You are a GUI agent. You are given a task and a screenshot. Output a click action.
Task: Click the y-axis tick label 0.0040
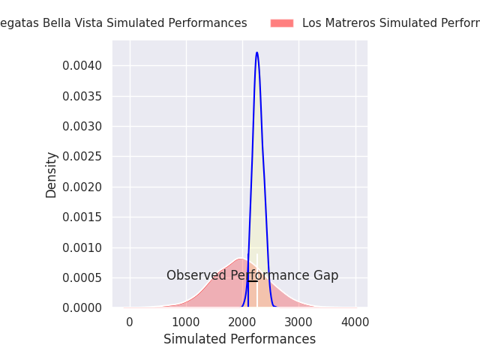82,66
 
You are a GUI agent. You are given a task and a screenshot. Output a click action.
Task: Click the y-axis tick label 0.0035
82,96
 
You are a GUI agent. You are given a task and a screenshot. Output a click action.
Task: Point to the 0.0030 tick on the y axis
82,127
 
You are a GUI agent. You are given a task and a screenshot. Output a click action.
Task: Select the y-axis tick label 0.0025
82,157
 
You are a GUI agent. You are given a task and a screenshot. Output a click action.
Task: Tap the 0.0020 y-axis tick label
82,187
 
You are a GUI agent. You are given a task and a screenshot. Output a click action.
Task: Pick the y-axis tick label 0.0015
82,217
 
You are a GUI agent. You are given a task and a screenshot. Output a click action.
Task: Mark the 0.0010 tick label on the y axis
82,247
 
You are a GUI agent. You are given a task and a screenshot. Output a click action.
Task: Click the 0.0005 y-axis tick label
82,277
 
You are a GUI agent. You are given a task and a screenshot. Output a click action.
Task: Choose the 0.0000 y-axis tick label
82,308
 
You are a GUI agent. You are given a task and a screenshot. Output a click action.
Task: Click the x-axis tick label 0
130,322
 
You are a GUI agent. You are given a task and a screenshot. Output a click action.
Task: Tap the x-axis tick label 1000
186,322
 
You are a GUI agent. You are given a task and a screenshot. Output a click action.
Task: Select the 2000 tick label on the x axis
242,322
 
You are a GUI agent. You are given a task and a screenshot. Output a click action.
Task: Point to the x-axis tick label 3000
298,322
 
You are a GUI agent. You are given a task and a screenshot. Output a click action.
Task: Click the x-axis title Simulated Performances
239,339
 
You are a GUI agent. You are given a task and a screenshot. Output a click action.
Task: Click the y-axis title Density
51,175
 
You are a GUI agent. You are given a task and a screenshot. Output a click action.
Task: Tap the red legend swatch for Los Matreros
282,23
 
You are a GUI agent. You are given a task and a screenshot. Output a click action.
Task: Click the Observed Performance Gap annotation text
252,276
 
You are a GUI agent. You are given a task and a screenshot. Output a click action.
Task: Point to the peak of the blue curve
256,52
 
